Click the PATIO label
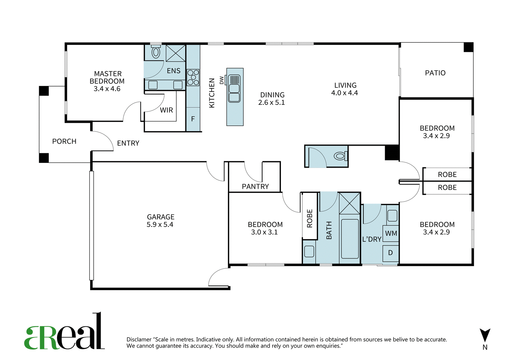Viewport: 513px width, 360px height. click(435, 73)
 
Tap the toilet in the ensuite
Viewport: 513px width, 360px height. click(156, 52)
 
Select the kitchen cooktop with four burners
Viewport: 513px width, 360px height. click(193, 77)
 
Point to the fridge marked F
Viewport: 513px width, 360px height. click(193, 119)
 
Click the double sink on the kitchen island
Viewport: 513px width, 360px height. click(234, 88)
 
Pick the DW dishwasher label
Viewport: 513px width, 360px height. click(222, 80)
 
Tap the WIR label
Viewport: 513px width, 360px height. click(166, 110)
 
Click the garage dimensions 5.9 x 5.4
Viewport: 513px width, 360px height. click(160, 225)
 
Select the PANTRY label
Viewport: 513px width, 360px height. click(255, 187)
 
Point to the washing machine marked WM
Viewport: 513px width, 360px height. click(391, 233)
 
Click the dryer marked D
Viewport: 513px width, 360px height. click(391, 253)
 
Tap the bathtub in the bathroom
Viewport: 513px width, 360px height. click(350, 239)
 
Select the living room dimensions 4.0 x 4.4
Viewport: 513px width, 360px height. click(344, 93)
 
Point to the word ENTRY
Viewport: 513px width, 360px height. click(128, 143)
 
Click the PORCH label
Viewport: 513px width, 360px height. click(64, 141)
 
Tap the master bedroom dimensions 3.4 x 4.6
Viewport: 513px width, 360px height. click(107, 89)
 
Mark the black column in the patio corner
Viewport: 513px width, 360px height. click(468, 47)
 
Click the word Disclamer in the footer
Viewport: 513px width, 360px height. click(139, 339)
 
